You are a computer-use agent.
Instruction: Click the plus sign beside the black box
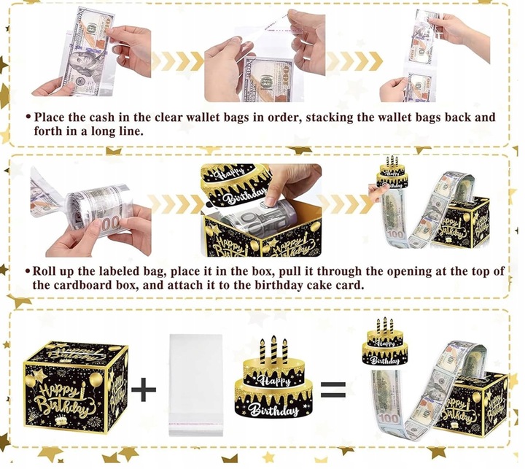coord(144,389)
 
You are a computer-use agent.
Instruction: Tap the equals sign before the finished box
coord(332,389)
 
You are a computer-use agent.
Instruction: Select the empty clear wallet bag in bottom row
coord(196,385)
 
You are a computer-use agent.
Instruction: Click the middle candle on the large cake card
coord(274,349)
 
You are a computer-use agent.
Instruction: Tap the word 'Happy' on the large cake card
coord(275,381)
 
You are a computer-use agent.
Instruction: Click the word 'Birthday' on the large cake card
coord(275,410)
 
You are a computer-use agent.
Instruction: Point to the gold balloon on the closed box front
coord(96,381)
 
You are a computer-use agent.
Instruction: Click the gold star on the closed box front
coord(39,375)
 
